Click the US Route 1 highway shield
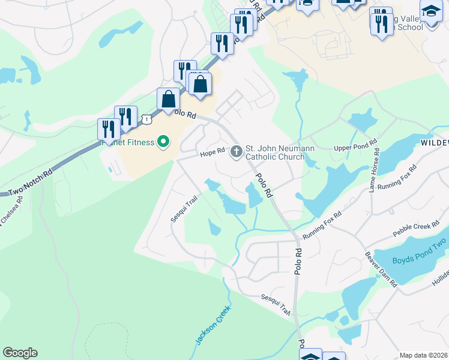[147, 119]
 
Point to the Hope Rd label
[212, 153]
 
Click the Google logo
[20, 353]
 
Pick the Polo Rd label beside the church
[265, 185]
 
